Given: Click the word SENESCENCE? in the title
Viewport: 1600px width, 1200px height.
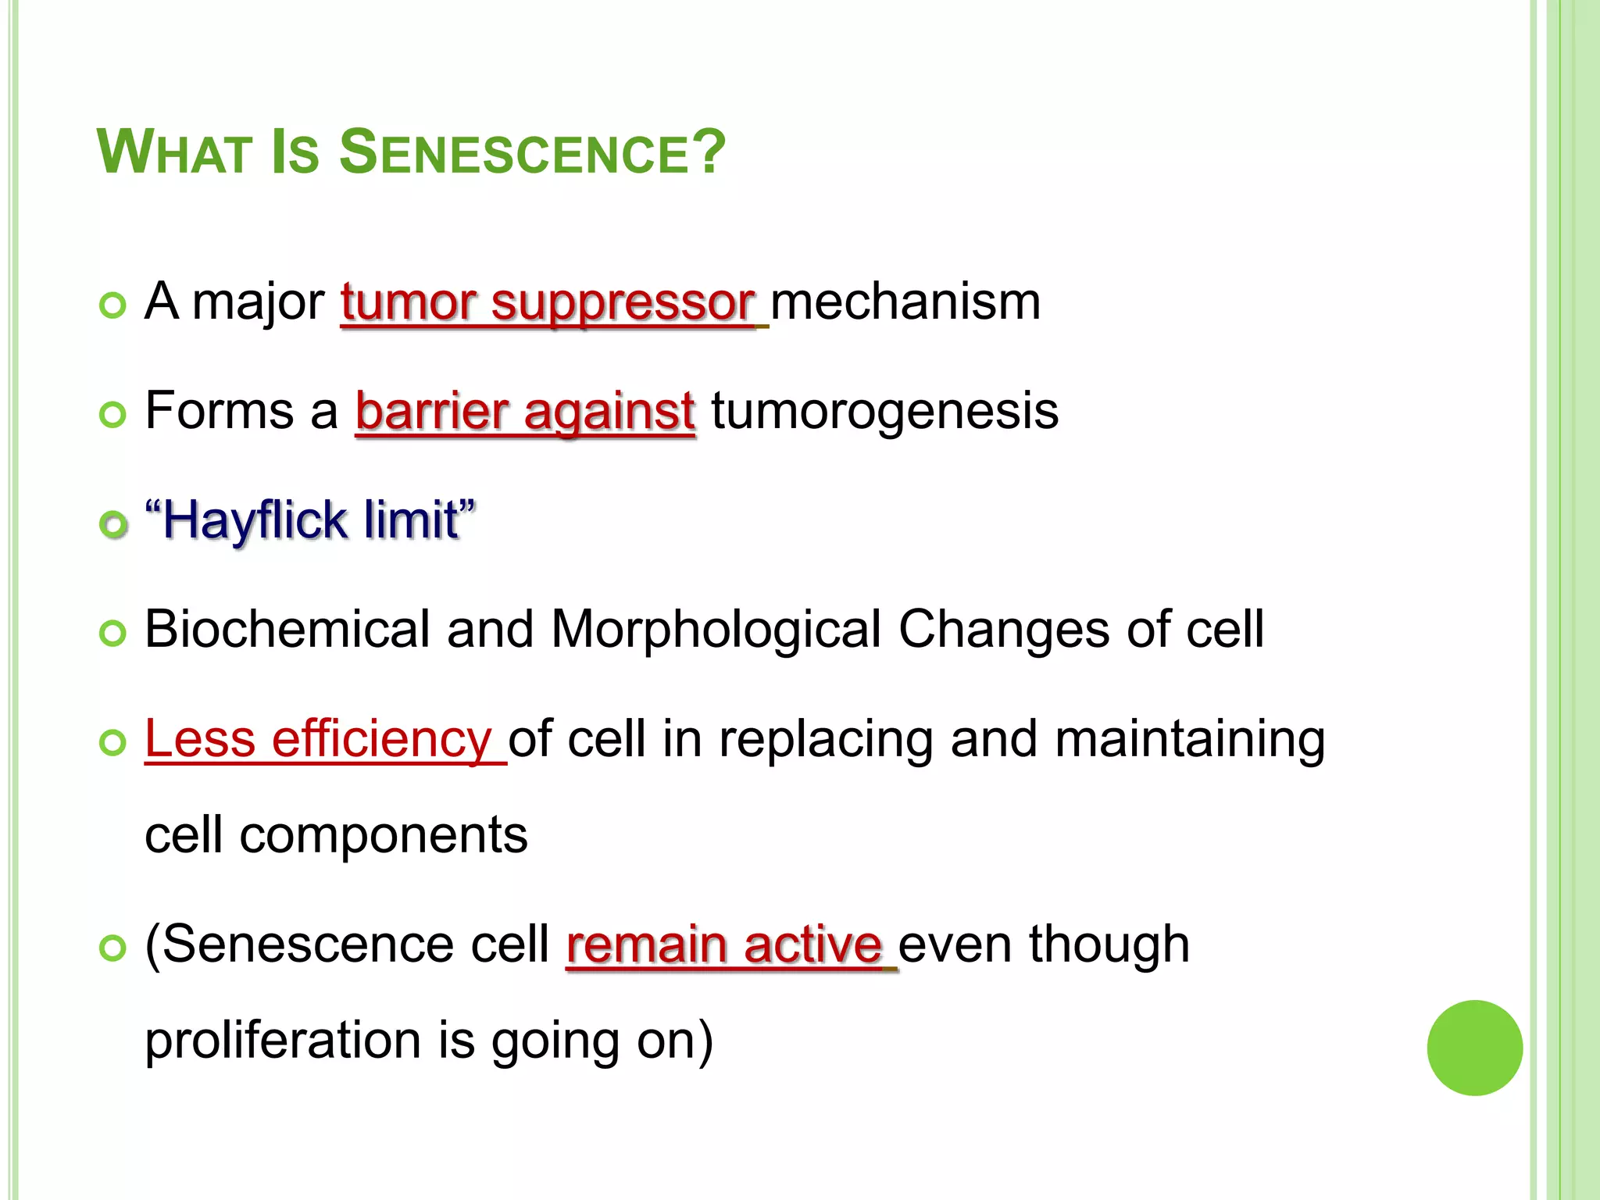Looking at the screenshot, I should (532, 152).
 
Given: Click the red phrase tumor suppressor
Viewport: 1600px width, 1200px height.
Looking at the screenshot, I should (548, 302).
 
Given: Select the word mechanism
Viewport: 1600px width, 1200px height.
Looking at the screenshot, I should (905, 302).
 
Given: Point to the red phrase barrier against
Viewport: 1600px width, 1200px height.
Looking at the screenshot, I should (524, 412).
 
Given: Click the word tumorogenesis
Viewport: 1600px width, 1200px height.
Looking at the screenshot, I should (884, 412).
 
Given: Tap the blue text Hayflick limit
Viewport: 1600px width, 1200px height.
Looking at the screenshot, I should (310, 520).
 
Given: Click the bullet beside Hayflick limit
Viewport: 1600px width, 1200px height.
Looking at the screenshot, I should (114, 524).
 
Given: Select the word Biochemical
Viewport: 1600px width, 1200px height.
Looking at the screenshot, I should (287, 630).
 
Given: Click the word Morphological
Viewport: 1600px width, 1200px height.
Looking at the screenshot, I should (716, 630).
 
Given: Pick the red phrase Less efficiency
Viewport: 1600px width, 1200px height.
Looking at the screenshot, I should (318, 739).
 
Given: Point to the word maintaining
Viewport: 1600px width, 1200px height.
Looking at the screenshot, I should (1189, 739).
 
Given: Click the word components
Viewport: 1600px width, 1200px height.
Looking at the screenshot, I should (383, 835).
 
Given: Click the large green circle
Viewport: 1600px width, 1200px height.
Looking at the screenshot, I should (1474, 1048).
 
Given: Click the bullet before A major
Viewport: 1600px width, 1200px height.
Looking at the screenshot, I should (113, 305).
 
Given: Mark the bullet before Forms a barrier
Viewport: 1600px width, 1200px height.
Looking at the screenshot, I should (113, 415).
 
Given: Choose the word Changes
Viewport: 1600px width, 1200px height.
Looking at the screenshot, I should (1003, 630).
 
